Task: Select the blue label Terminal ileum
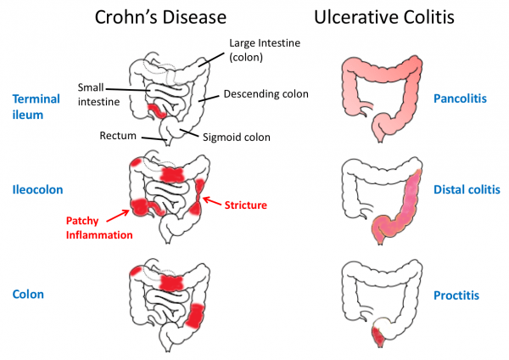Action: coord(36,106)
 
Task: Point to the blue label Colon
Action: coord(28,295)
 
